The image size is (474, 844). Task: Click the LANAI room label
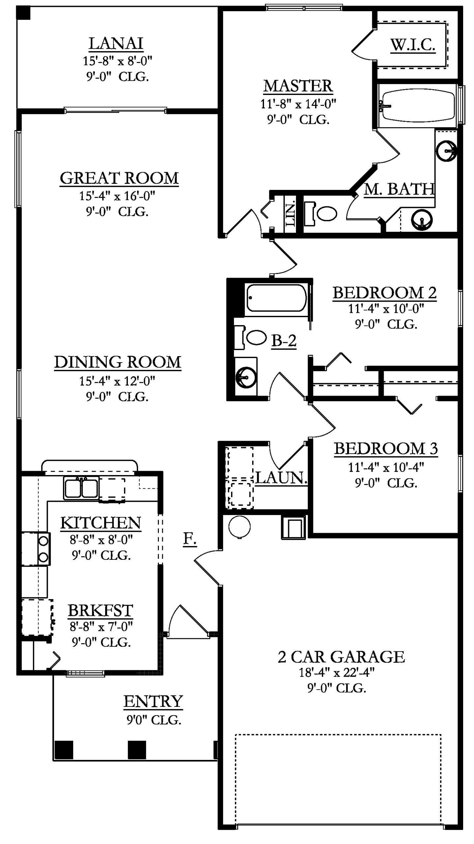click(x=116, y=43)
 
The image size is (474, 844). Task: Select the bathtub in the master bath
click(x=417, y=105)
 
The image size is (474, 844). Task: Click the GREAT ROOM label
click(x=119, y=178)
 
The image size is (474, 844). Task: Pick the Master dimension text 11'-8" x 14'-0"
click(x=298, y=104)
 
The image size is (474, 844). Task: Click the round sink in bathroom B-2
click(x=246, y=377)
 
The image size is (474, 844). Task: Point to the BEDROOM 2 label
click(x=384, y=292)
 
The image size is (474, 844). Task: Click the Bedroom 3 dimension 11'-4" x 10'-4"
click(x=386, y=467)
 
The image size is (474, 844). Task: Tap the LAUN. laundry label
click(x=281, y=478)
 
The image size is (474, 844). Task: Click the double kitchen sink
click(x=81, y=488)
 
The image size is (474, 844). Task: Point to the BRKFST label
click(x=100, y=610)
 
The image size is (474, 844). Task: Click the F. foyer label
click(x=190, y=539)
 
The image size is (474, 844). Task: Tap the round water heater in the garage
click(x=239, y=527)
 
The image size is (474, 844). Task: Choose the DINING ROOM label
click(x=118, y=362)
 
